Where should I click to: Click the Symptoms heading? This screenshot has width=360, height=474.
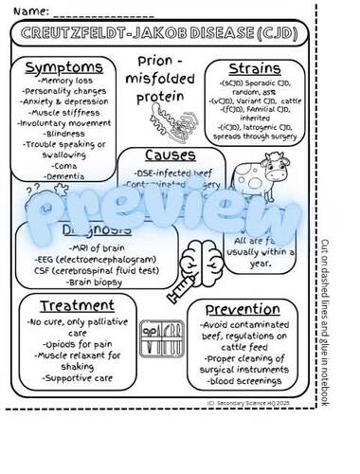click(63, 67)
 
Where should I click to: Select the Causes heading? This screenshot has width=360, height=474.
click(171, 154)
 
